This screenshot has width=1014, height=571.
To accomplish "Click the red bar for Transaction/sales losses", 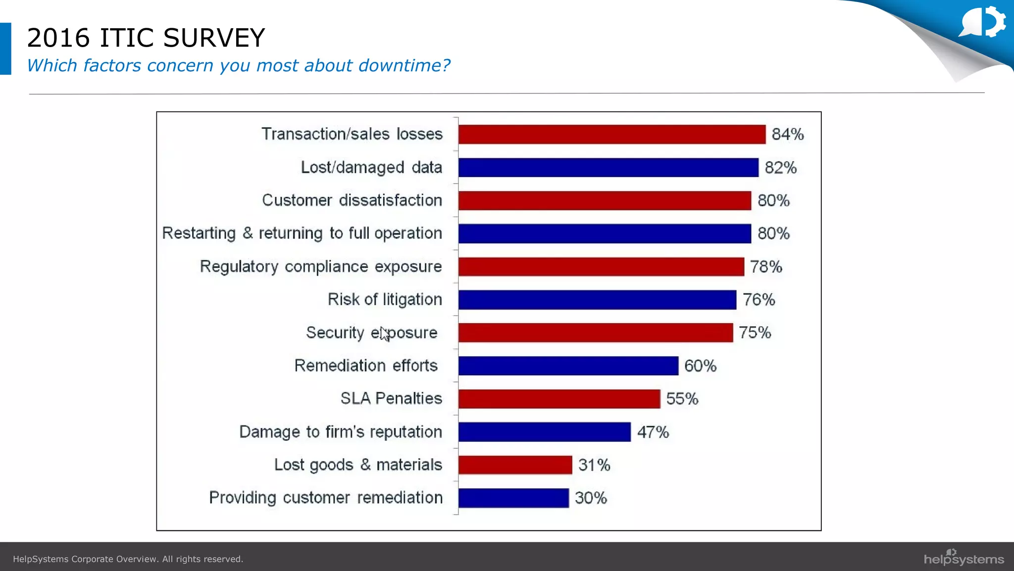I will point(611,134).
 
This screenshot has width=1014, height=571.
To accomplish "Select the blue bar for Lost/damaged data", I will point(608,168).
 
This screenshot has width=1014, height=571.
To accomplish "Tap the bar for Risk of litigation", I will point(597,300).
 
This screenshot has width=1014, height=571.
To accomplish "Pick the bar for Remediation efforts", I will point(568,366).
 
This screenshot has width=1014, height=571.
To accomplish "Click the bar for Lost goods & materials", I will point(515,465).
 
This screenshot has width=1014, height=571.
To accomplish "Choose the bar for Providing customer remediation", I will point(513,498).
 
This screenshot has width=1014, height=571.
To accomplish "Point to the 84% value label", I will point(787,134).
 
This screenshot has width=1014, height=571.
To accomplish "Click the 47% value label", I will point(653,432).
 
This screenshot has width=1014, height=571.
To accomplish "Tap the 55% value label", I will point(682,399).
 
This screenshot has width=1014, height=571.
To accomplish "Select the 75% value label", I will point(755,333).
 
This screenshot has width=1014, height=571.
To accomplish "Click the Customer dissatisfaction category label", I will point(352,200).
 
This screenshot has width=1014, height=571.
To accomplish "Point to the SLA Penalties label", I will point(391,399).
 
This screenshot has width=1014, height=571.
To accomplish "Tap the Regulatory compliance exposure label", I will point(320,267).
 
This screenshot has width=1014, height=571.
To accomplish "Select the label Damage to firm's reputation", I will point(340,432).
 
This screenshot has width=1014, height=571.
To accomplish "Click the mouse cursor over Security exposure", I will point(385,334).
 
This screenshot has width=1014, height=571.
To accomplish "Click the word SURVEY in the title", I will point(214,38).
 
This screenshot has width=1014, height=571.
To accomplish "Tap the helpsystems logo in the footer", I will point(963,558).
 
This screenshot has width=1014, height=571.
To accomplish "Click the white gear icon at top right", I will point(994,21).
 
